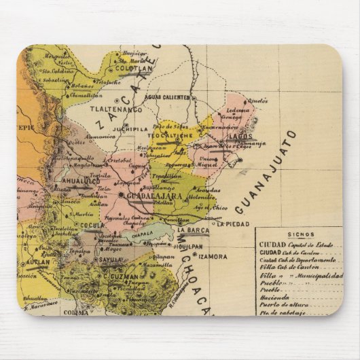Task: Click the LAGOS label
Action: click(x=240, y=136)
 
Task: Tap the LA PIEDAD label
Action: click(x=233, y=222)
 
